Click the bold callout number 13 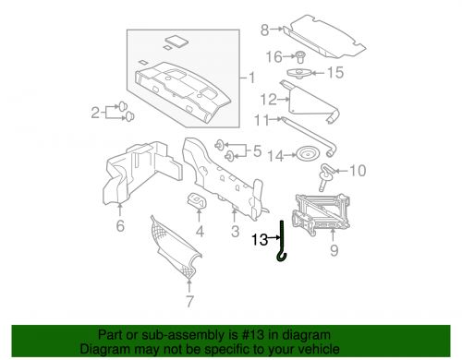261,239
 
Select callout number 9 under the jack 334,250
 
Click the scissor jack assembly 321,213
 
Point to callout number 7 189,301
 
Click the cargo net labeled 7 176,246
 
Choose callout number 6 120,225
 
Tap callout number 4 200,231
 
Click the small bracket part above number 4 197,199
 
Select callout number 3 236,231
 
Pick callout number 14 275,156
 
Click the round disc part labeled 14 307,153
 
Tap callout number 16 274,57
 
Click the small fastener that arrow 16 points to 300,57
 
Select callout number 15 335,73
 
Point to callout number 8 265,30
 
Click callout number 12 269,100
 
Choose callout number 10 358,171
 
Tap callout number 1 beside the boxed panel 252,78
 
